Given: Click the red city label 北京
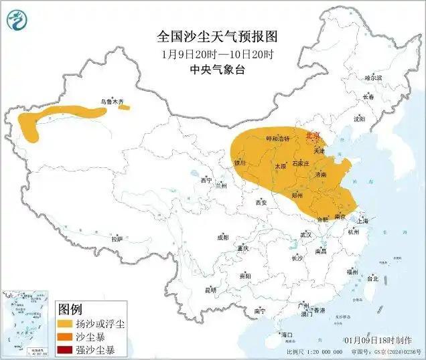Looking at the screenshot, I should (x=313, y=134).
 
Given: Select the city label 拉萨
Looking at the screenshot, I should (x=118, y=238).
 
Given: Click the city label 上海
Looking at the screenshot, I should (x=363, y=220).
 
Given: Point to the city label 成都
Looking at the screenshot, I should (x=222, y=238).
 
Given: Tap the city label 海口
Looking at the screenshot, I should (x=288, y=334).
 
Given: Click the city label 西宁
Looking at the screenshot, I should (x=206, y=181).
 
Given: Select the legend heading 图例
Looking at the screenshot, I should (x=70, y=309).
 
